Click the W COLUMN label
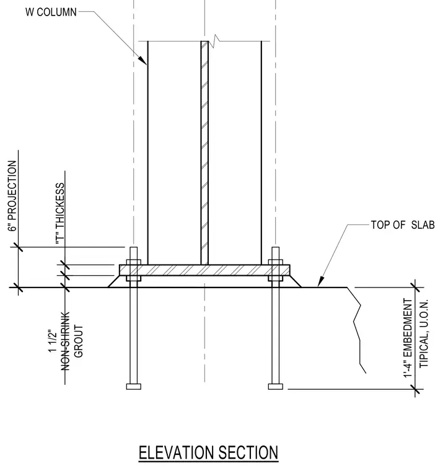tap(51, 12)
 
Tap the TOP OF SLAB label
tap(403, 225)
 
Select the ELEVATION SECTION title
tap(208, 452)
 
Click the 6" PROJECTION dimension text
tap(12, 196)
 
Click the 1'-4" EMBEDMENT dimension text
tap(408, 338)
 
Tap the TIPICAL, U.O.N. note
tap(423, 333)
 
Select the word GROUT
tap(78, 341)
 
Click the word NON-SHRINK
tap(66, 341)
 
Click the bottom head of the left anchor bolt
tap(134, 386)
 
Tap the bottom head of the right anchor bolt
tap(276, 386)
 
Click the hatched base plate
tap(204, 270)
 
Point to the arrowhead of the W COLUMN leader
tap(143, 60)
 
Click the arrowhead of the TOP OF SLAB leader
tap(320, 282)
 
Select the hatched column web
tap(204, 152)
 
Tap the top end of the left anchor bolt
tap(134, 247)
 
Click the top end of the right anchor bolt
tap(276, 247)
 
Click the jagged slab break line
tap(357, 330)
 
